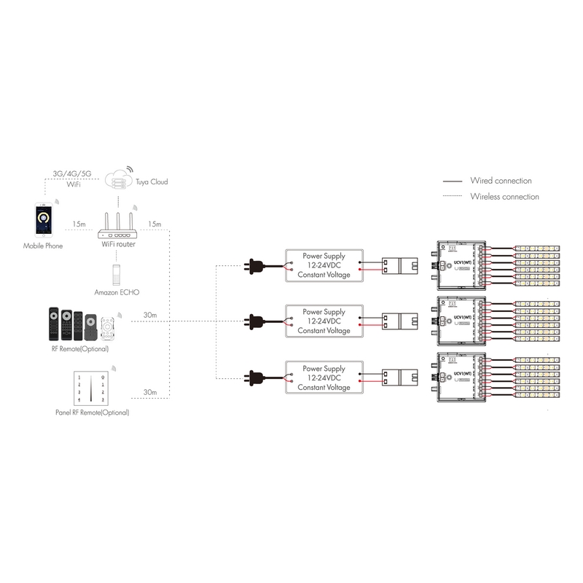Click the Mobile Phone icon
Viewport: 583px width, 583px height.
click(43, 222)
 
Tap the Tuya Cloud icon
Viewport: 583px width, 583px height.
click(118, 179)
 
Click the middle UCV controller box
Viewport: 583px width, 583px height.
click(460, 320)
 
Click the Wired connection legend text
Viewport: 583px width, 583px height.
click(501, 181)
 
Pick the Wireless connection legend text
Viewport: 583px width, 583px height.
click(504, 197)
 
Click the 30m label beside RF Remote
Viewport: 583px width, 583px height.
click(151, 315)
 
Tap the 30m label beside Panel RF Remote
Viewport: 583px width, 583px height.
click(151, 392)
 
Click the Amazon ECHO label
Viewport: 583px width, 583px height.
click(117, 291)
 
